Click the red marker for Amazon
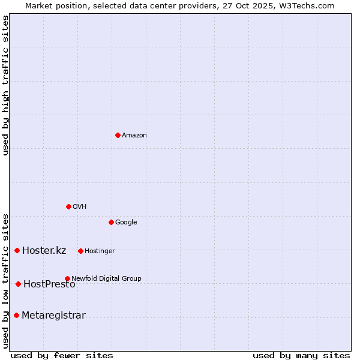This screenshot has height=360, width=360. click(x=118, y=135)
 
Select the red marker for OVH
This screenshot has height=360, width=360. click(x=68, y=206)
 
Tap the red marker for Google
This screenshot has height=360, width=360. click(x=111, y=222)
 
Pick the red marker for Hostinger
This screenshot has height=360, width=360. click(x=80, y=251)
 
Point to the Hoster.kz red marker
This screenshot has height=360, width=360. click(x=17, y=250)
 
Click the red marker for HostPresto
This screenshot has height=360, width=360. click(x=18, y=284)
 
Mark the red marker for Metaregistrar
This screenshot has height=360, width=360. click(x=16, y=316)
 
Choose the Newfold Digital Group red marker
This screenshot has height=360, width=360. click(x=67, y=278)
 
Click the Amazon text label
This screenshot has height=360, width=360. click(x=134, y=136)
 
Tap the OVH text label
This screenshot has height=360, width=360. click(x=80, y=207)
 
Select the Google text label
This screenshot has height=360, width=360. click(x=126, y=223)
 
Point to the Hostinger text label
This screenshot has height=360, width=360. click(x=100, y=251)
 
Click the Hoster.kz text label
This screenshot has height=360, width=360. click(x=44, y=251)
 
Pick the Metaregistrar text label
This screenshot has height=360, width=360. click(x=53, y=316)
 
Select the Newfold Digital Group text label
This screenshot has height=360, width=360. click(x=106, y=278)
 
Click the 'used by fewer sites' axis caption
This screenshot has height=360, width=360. click(x=62, y=355)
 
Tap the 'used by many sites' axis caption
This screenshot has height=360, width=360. click(x=301, y=355)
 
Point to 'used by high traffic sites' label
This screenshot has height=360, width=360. click(x=5, y=85)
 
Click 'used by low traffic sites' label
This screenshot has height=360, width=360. click(x=5, y=280)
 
